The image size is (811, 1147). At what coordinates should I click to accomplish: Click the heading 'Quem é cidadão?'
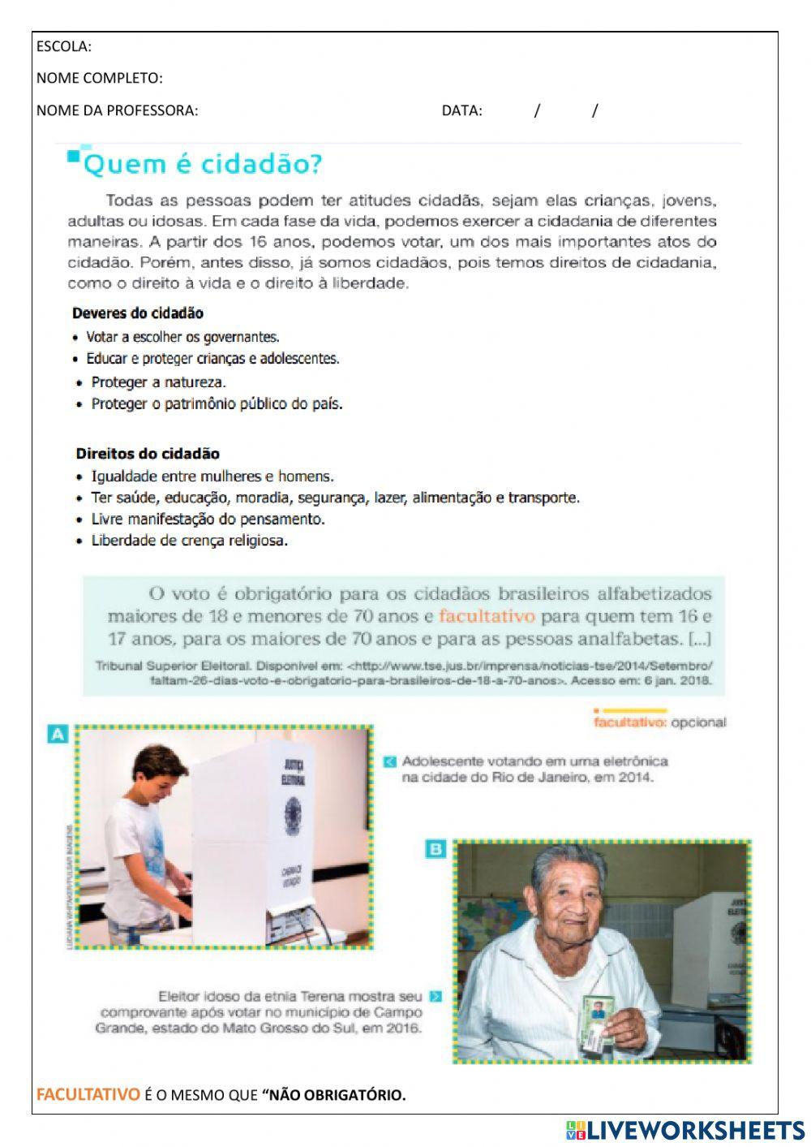(x=203, y=165)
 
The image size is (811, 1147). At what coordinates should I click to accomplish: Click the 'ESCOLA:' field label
(x=64, y=46)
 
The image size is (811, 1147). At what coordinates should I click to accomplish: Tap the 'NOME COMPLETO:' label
(x=99, y=78)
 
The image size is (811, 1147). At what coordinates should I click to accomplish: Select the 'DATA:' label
(x=461, y=110)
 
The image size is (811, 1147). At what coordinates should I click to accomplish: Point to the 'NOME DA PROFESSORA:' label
(x=117, y=110)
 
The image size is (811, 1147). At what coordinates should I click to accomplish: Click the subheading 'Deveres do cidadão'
(x=138, y=313)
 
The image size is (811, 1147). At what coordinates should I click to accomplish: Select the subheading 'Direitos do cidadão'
(x=148, y=454)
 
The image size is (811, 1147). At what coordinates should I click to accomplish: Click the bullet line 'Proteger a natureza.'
(x=158, y=382)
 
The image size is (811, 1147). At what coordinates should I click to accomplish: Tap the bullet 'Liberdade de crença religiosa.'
(x=189, y=541)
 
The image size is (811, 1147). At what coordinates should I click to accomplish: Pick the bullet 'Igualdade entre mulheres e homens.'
(x=212, y=476)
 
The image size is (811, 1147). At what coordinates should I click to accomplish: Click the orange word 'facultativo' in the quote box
(x=487, y=617)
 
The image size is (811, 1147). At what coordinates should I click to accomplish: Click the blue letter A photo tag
(x=58, y=735)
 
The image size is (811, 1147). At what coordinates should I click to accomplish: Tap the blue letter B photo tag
(x=436, y=849)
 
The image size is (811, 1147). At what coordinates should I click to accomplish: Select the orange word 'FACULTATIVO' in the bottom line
(x=88, y=1095)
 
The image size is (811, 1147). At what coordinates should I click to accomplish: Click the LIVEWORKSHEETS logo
(x=685, y=1130)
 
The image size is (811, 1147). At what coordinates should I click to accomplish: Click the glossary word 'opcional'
(x=698, y=722)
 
